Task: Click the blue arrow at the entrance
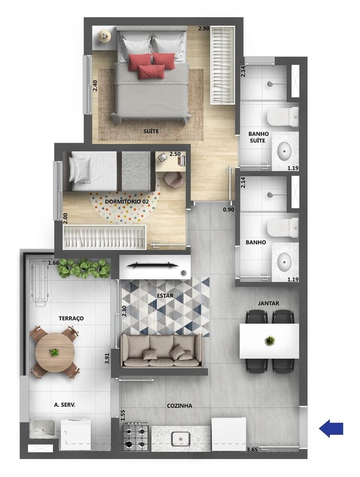(331, 428)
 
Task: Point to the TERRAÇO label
(72, 318)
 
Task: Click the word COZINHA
(179, 405)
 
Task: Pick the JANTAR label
(268, 303)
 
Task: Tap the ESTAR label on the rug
(165, 296)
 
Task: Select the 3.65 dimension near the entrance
(253, 450)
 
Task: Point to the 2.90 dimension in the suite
(204, 29)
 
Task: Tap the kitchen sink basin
(181, 438)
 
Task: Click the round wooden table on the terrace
(54, 352)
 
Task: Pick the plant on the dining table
(270, 341)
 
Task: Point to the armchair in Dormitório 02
(173, 179)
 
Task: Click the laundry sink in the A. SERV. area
(43, 428)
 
